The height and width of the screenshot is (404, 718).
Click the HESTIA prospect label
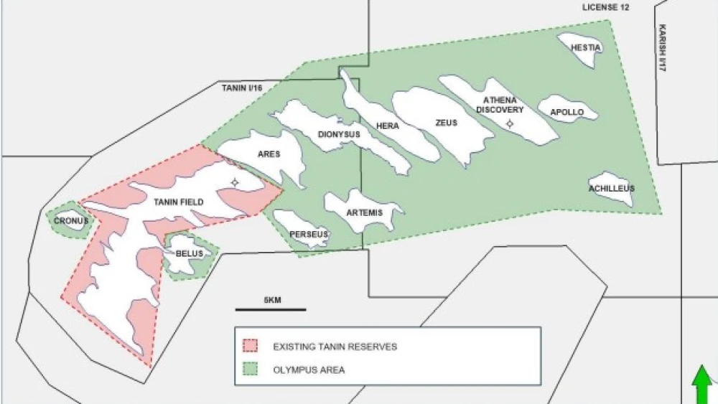pyautogui.click(x=585, y=48)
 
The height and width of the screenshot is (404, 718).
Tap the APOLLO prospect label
pyautogui.click(x=567, y=113)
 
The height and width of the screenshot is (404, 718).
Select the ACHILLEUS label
pyautogui.click(x=612, y=189)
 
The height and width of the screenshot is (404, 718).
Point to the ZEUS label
pyautogui.click(x=446, y=123)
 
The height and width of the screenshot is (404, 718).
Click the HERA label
pyautogui.click(x=388, y=126)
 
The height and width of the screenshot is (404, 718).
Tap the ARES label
pyautogui.click(x=268, y=154)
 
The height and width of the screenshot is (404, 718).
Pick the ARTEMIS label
pyautogui.click(x=364, y=213)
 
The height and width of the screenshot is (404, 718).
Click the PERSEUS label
pyautogui.click(x=309, y=234)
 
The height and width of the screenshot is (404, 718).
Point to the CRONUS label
pyautogui.click(x=70, y=220)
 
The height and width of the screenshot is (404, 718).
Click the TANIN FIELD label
pyautogui.click(x=179, y=202)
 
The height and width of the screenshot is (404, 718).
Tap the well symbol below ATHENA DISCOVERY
pyautogui.click(x=510, y=124)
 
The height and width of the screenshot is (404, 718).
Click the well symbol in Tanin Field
pyautogui.click(x=234, y=183)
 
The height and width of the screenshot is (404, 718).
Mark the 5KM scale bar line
pyautogui.click(x=271, y=310)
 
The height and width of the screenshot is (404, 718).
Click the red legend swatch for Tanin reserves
pyautogui.click(x=251, y=347)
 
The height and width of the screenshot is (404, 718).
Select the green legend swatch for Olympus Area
pyautogui.click(x=251, y=370)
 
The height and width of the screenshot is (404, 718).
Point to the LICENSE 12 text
pyautogui.click(x=605, y=7)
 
